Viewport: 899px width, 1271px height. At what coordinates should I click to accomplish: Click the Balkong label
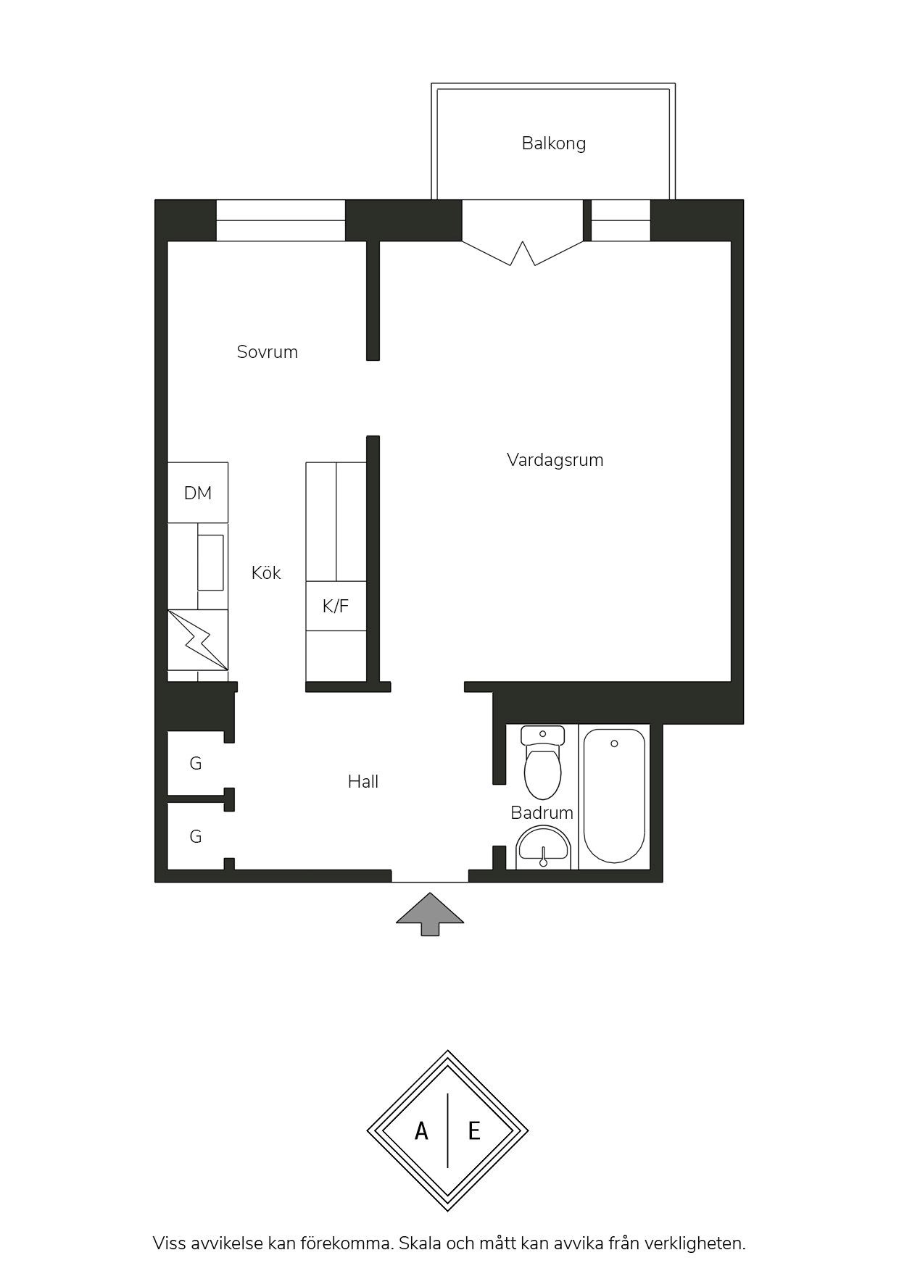click(553, 143)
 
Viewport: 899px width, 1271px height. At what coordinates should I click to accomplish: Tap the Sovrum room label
click(267, 352)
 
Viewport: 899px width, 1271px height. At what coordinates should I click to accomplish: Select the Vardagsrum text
click(555, 460)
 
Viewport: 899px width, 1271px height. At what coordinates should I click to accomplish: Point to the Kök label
click(265, 572)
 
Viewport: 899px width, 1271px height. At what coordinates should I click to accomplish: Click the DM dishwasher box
click(198, 493)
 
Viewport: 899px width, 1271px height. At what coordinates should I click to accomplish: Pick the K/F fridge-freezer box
click(336, 606)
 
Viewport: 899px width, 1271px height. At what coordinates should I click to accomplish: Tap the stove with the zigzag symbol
click(198, 640)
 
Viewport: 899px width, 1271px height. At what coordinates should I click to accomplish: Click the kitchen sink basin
click(211, 562)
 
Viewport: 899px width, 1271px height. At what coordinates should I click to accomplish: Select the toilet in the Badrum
click(542, 763)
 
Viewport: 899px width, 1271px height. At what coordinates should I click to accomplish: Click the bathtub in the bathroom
click(614, 796)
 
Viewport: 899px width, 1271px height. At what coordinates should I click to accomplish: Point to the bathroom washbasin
click(544, 849)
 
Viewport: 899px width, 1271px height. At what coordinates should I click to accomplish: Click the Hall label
click(363, 782)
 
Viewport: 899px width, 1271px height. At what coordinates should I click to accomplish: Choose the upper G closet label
click(196, 764)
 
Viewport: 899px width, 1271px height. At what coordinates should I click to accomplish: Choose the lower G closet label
click(196, 837)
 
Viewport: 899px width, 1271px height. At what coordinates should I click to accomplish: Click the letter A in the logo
click(421, 1130)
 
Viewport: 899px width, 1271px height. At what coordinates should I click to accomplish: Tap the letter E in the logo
click(474, 1130)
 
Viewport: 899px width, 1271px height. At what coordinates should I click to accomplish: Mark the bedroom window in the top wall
click(281, 220)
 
